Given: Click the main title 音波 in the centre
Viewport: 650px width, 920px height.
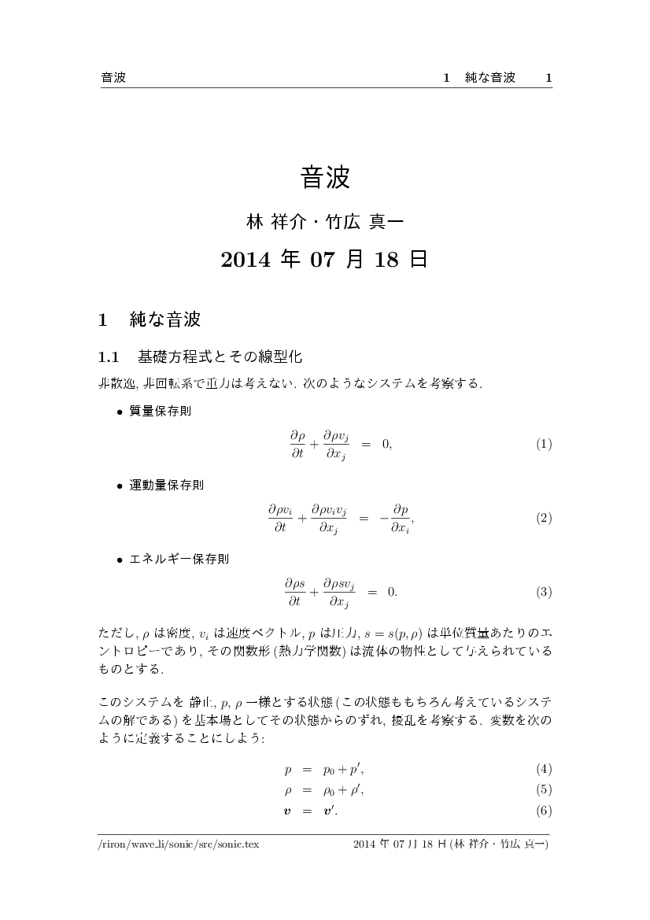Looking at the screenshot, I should click(x=325, y=177).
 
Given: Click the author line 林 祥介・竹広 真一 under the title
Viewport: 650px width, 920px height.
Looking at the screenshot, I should click(x=325, y=222).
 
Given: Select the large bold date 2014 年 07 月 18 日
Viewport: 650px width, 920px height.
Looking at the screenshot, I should click(x=325, y=260).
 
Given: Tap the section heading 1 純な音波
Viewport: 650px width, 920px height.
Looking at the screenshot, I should click(x=150, y=320).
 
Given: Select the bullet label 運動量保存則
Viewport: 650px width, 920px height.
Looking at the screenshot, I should click(x=166, y=485).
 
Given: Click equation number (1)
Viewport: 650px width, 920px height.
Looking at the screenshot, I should click(x=544, y=444).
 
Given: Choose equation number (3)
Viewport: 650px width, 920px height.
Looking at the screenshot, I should click(x=544, y=592).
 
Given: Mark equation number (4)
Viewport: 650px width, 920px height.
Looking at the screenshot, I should click(x=544, y=768).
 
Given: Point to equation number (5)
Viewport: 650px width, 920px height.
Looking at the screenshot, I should click(x=544, y=789).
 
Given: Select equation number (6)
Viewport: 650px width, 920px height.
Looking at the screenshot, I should click(x=544, y=811).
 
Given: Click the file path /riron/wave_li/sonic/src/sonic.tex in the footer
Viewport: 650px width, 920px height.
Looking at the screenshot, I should click(x=179, y=844).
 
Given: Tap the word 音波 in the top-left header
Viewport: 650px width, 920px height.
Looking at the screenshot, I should click(x=114, y=77).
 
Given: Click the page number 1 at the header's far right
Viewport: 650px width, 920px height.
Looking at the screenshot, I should click(x=548, y=77).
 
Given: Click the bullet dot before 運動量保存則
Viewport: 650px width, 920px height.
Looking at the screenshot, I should click(x=120, y=486).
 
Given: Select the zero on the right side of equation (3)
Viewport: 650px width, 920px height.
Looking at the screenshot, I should click(x=390, y=592).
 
